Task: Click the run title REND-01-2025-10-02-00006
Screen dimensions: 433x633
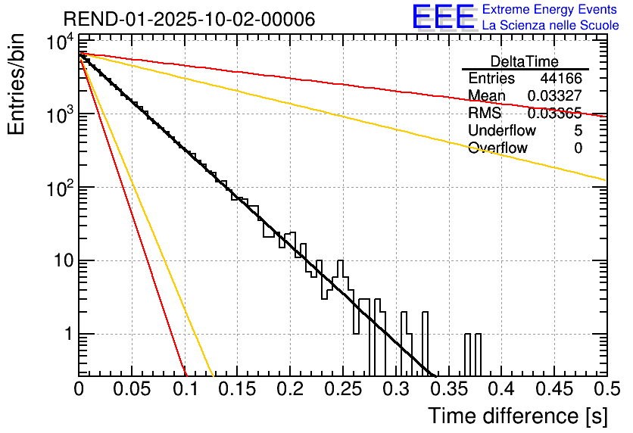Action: tap(189, 20)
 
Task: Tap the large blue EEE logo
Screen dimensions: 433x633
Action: tap(443, 18)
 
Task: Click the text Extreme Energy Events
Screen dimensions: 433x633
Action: tap(550, 10)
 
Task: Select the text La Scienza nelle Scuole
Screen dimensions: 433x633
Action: tap(550, 26)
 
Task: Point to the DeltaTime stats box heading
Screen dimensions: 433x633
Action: tap(525, 61)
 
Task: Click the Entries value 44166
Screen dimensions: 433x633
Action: tap(561, 79)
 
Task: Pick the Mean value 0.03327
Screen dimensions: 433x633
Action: tap(554, 96)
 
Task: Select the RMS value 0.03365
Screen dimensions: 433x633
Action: tap(554, 114)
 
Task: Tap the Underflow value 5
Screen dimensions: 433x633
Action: tap(578, 131)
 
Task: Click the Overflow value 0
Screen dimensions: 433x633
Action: tap(578, 148)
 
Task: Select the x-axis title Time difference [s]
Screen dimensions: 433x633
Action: tap(516, 416)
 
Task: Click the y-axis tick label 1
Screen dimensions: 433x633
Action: tap(66, 334)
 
